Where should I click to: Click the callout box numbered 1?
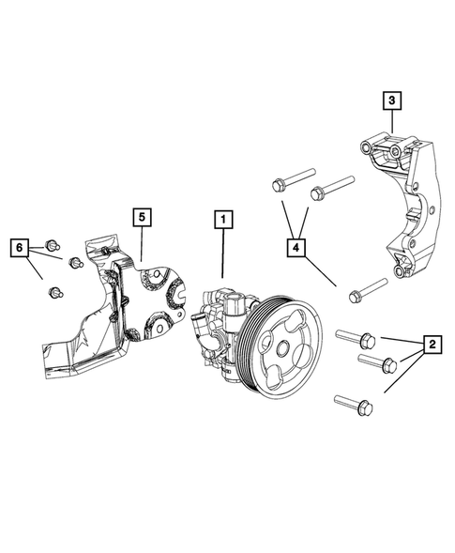tap(223, 221)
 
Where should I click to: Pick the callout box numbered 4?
tap(296, 248)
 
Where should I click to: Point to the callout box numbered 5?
tap(140, 218)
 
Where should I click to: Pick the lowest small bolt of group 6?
tap(55, 293)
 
